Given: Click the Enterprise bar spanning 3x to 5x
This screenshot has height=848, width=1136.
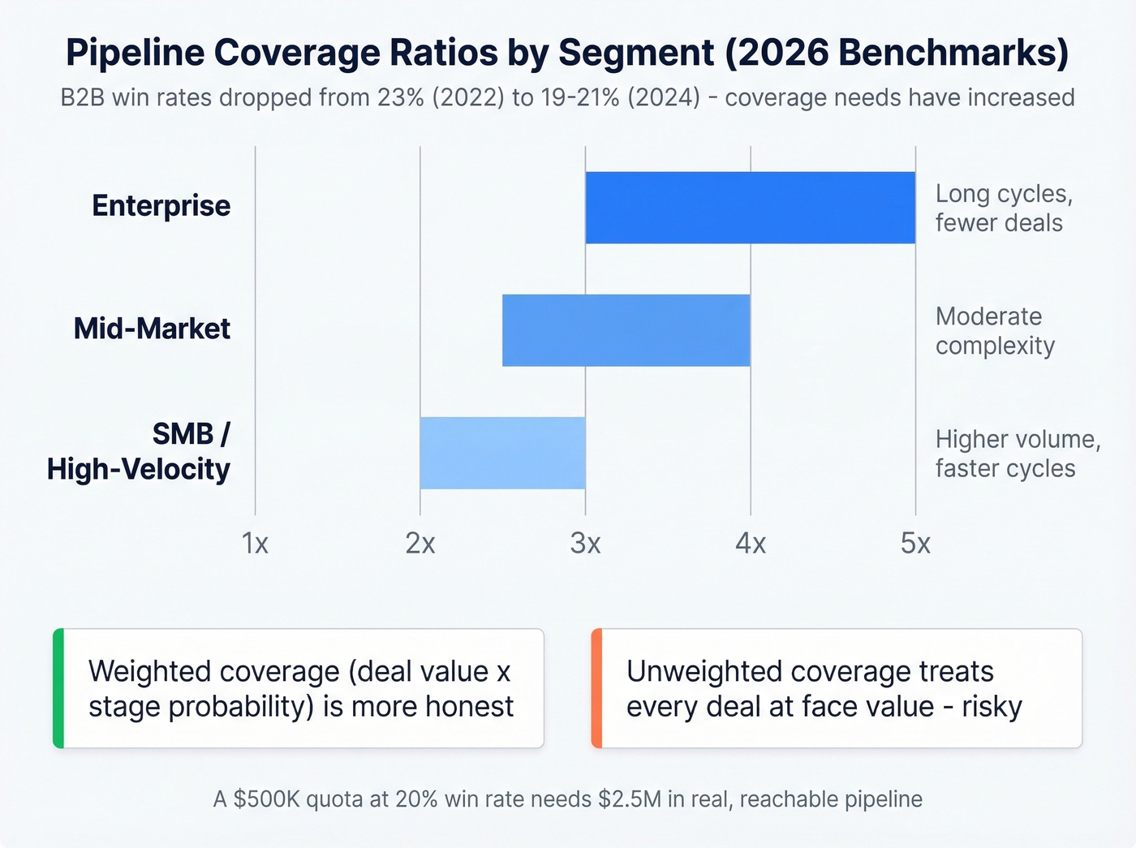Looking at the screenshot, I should point(750,208).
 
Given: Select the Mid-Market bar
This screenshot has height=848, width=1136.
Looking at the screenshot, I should point(626,330).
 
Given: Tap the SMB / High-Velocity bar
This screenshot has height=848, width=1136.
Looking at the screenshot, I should point(502,453).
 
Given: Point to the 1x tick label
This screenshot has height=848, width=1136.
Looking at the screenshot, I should point(255,543).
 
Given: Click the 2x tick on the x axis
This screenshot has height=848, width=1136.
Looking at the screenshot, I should point(420,543).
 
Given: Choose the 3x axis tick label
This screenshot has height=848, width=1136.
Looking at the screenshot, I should point(585,543).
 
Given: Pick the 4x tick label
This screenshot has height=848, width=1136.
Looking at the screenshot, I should point(751,543).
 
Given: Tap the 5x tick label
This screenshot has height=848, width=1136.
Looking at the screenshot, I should point(915,543).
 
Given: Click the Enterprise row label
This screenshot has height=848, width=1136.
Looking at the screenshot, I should point(161,206).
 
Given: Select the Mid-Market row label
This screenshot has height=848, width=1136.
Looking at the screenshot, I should point(152,329).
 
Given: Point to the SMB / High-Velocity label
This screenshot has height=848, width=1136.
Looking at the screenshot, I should point(139,452).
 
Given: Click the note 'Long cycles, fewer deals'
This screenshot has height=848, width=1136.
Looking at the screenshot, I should point(1004,209).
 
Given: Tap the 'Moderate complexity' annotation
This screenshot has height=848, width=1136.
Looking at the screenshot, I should point(995,331).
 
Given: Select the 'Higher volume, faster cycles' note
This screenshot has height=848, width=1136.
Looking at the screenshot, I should point(1018,454).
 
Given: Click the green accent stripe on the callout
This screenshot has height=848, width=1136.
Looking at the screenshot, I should point(58,688).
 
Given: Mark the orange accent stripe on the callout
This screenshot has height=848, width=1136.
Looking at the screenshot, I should point(596,688).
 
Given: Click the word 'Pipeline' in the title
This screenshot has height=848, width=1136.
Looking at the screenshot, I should point(135,53).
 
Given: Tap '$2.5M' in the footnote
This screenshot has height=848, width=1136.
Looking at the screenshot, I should point(630,799).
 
